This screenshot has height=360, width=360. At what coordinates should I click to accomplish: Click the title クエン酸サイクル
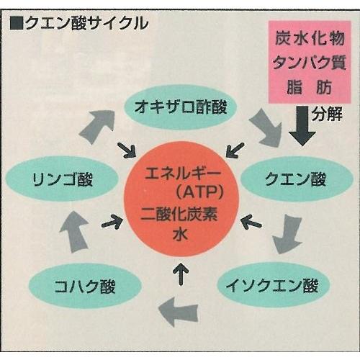point(86,24)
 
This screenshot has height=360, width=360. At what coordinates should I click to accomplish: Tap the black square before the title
point(17,24)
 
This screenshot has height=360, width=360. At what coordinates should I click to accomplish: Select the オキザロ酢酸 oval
point(181,107)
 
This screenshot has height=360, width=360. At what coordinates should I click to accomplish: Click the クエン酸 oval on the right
point(297,179)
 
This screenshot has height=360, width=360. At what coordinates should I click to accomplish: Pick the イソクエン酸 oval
point(274,285)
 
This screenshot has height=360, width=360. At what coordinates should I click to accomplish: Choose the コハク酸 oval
point(85,286)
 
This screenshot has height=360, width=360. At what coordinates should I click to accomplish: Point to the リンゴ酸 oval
point(62,179)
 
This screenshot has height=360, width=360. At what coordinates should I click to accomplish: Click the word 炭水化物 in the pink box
point(310,38)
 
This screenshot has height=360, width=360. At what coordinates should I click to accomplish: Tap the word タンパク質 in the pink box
point(310,63)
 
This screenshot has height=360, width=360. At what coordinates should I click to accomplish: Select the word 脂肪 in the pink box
point(310,86)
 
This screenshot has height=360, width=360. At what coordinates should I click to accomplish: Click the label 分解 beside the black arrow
point(327,114)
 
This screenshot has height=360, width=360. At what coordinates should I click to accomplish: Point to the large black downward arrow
point(302,126)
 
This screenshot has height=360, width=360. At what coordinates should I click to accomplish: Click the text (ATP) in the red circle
point(200,192)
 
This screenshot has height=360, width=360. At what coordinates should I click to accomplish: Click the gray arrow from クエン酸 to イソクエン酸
point(287,234)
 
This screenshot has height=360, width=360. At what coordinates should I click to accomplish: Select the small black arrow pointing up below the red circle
point(181,273)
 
